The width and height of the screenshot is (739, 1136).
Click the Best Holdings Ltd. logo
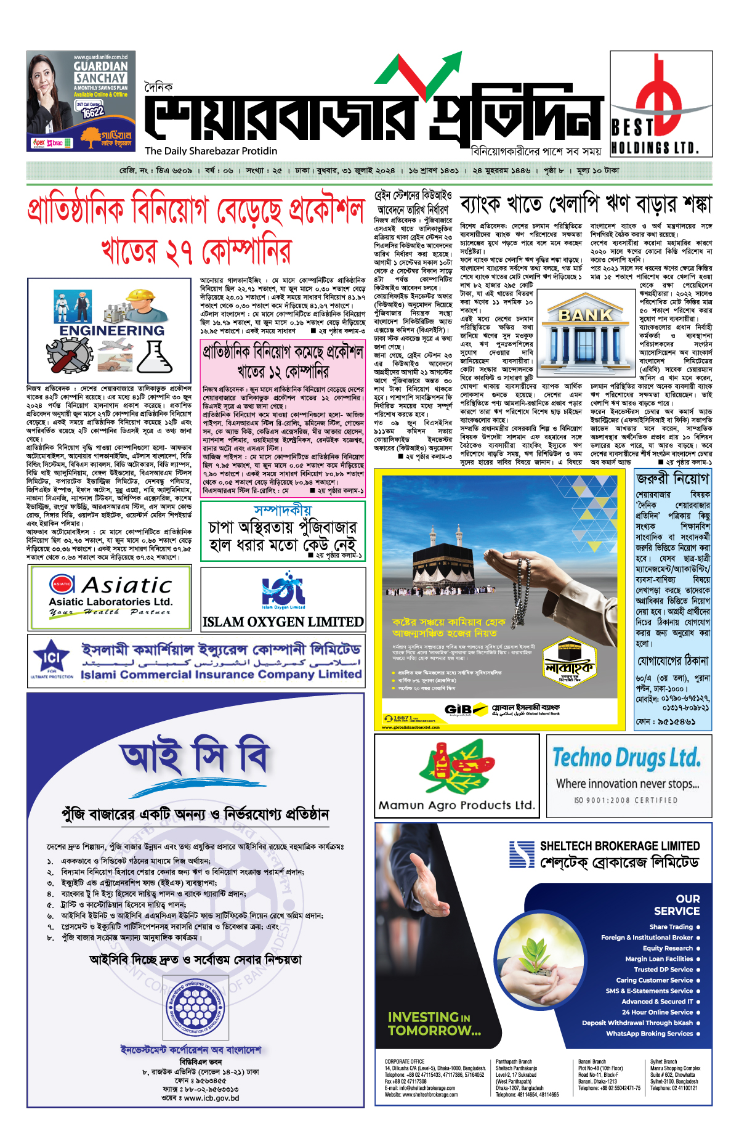tap(660, 103)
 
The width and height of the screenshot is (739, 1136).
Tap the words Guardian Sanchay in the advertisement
tap(100, 72)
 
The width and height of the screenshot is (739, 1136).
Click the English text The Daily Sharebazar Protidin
tap(211, 151)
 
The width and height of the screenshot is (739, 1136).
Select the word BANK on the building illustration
tap(585, 315)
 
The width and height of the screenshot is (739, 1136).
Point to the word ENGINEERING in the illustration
tap(112, 330)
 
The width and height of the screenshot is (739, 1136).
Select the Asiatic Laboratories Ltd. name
tap(111, 602)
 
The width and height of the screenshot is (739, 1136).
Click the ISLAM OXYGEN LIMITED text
tap(283, 622)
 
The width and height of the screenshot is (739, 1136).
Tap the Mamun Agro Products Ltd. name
tap(456, 805)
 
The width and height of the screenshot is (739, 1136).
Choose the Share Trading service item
tap(671, 927)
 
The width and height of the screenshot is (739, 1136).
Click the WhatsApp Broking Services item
tap(650, 1034)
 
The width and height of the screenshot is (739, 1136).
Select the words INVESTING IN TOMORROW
tap(434, 1023)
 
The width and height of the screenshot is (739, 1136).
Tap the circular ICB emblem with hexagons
tap(195, 1007)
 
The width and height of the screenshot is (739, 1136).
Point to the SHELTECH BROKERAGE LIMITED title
tap(620, 846)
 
